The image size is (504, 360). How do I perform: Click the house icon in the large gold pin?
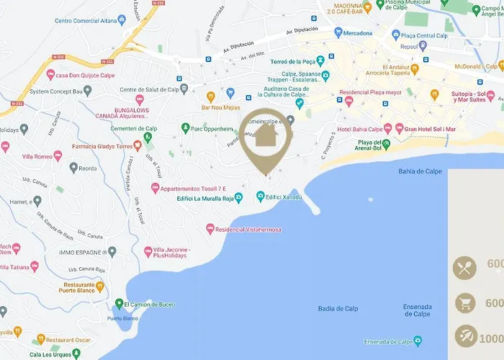click(266, 134)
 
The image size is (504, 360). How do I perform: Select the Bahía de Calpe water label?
click(425, 171)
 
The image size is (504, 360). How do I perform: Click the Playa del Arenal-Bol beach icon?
click(386, 144)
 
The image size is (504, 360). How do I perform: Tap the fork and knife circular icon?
click(464, 268)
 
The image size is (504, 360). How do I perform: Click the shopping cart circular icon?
click(464, 302)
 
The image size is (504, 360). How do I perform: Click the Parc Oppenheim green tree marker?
click(185, 128)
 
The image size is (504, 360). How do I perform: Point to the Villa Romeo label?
click(37, 156)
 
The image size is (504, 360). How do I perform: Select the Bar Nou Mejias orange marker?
click(211, 96)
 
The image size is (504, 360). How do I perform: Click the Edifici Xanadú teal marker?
click(259, 197)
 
